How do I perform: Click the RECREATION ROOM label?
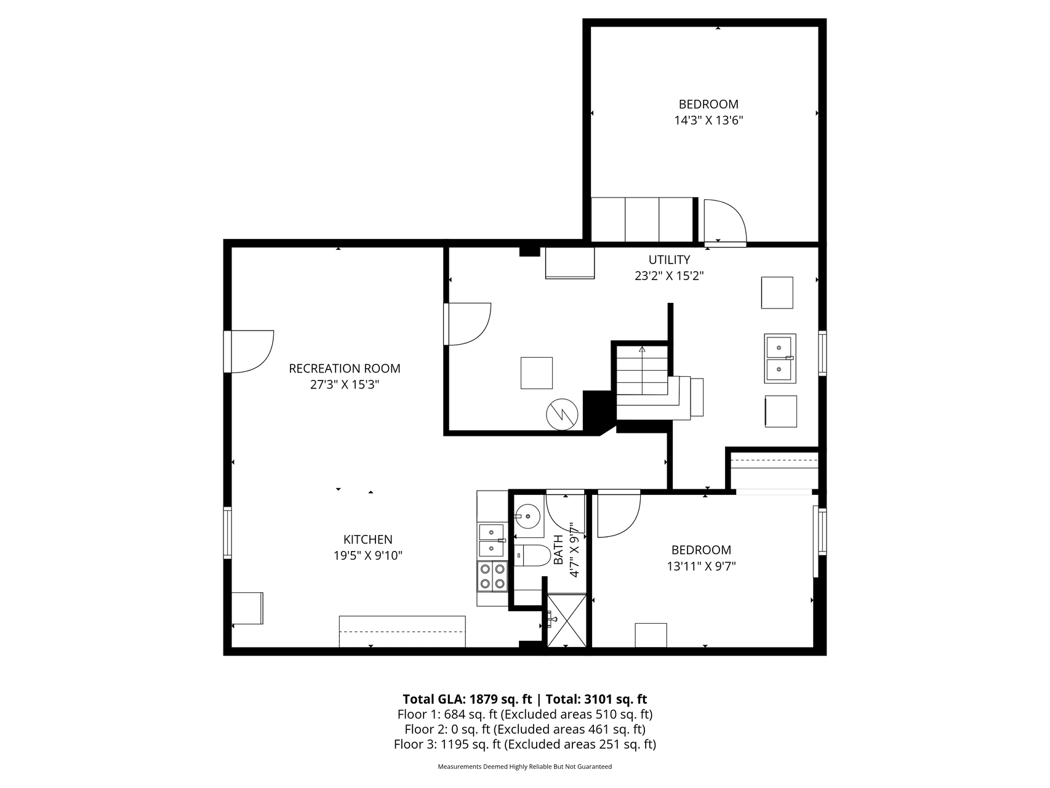345,369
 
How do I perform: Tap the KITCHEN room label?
368,540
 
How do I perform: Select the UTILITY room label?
669,260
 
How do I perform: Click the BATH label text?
558,550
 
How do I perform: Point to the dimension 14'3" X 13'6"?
708,121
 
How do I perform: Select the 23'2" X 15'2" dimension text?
669,276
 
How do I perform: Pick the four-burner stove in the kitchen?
492,576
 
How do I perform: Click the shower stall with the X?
567,621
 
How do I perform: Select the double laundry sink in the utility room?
780,358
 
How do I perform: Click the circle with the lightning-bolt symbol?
562,415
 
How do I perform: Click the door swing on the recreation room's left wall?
252,352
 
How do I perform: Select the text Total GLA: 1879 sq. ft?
467,699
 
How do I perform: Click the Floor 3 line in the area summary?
525,744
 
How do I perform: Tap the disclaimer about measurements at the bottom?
524,767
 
